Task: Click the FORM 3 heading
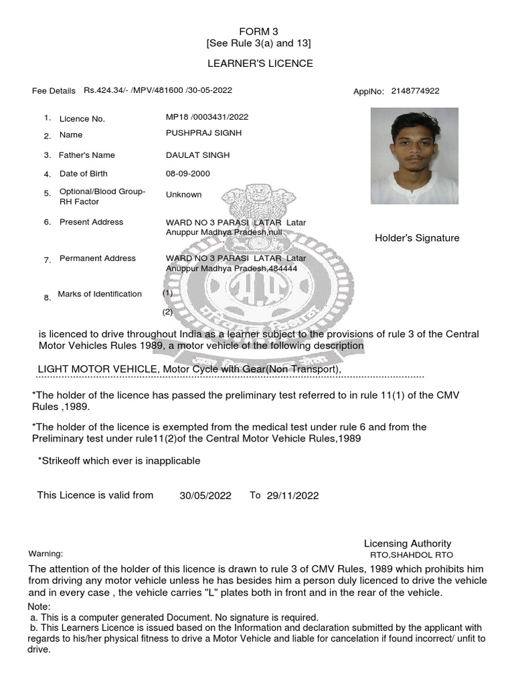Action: pos(258,31)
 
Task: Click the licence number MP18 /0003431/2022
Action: pos(207,116)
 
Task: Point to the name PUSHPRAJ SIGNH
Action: pos(203,132)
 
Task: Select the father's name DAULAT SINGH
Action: pos(197,155)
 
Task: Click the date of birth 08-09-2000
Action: pos(187,173)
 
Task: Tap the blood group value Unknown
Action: pos(183,195)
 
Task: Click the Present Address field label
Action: pos(91,222)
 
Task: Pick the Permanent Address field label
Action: pos(97,258)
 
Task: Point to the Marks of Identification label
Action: pos(100,294)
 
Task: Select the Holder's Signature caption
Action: pos(417,238)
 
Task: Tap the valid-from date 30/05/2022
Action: pos(205,496)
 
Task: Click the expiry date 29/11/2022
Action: pos(292,496)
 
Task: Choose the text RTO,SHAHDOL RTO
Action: pos(412,555)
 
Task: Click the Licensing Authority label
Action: pos(407,543)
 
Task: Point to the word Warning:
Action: pos(46,554)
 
